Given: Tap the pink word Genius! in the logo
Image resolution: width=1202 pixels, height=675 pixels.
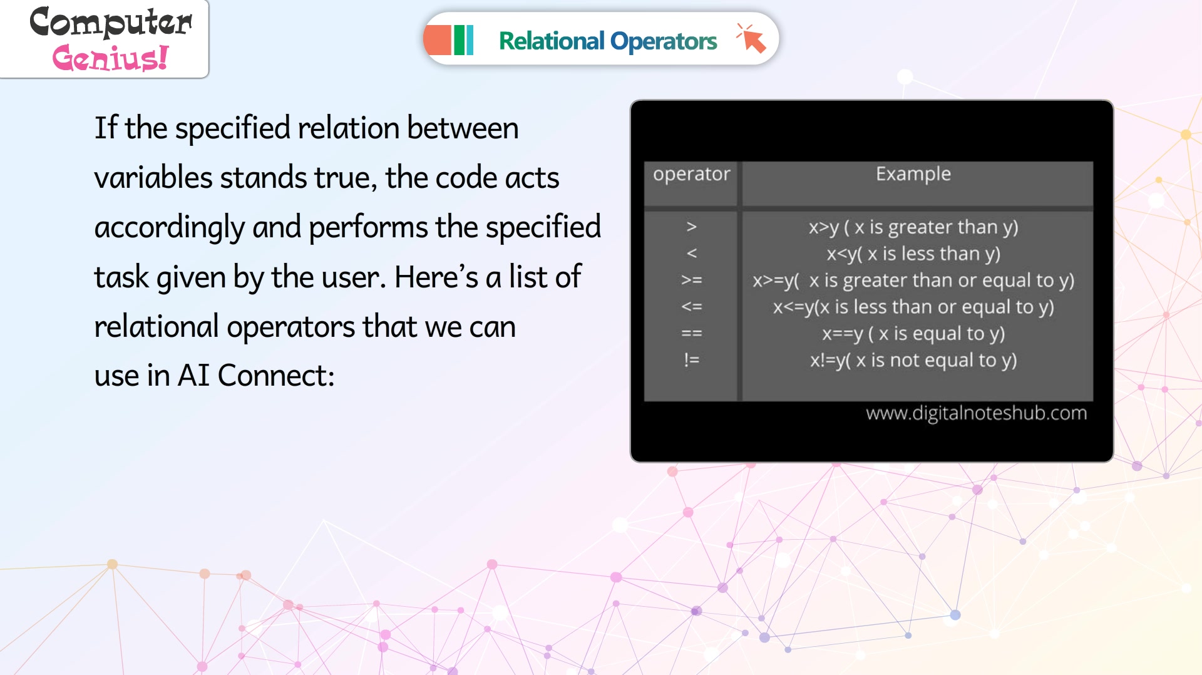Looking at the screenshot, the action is coord(110,58).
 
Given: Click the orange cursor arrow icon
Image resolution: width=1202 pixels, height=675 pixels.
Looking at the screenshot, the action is coord(751,39).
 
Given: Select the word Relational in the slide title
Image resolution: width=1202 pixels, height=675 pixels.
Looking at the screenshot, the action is coord(552,41).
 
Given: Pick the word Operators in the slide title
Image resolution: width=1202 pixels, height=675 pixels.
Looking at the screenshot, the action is coord(664,41).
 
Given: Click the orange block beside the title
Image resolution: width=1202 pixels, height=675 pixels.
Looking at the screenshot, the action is coord(437,40).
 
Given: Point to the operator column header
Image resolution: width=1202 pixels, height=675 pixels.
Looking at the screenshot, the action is coord(691,173).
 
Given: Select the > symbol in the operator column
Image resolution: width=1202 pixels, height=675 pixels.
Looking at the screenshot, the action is coord(691,227).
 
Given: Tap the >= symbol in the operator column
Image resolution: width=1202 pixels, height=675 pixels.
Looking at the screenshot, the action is coord(691,280).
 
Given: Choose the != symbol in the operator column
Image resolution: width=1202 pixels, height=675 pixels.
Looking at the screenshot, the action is coord(691,359).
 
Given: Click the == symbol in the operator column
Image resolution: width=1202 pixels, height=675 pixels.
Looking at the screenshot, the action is coord(691,333).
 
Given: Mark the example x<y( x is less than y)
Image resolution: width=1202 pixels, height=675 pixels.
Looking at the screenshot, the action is coord(913,254).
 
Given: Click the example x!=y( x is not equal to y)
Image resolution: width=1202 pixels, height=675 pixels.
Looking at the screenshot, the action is coord(913,360).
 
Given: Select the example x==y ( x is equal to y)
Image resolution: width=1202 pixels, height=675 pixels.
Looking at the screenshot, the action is coord(913,334).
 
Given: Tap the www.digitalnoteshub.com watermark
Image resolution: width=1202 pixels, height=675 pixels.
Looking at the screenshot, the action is coord(976,413).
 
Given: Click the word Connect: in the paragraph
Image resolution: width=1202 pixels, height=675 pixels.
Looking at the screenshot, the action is coord(275,376).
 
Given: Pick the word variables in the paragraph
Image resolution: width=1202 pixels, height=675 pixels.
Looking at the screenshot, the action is coord(153,177).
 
